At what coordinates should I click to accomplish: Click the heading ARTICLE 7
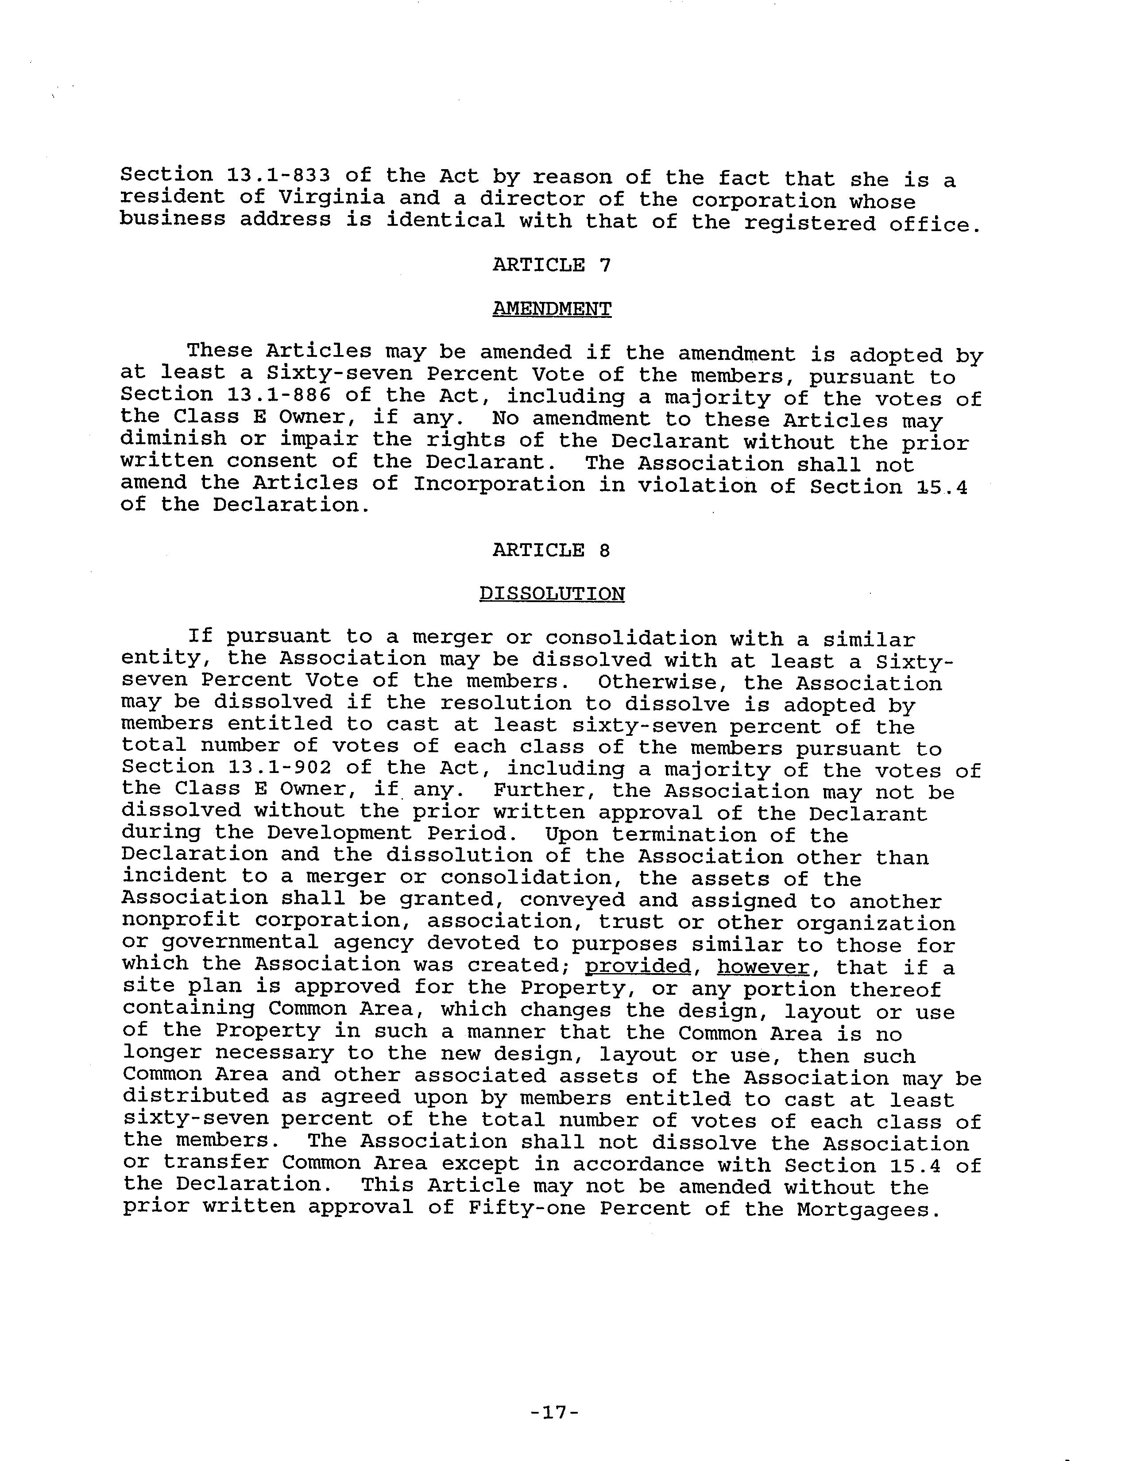click(x=551, y=265)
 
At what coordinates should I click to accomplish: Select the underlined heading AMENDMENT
click(x=551, y=309)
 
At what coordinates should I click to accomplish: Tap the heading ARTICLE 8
click(x=551, y=550)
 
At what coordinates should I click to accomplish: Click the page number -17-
click(x=554, y=1413)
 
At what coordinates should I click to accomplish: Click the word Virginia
click(x=332, y=197)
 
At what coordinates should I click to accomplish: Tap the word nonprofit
click(x=181, y=920)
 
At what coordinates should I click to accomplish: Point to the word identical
click(x=445, y=220)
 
